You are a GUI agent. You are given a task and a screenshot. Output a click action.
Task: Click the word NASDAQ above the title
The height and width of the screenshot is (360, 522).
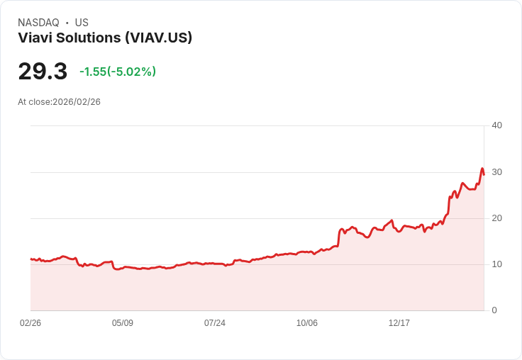pyautogui.click(x=38, y=23)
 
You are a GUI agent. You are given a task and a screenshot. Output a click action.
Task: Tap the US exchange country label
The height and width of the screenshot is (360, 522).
pyautogui.click(x=82, y=23)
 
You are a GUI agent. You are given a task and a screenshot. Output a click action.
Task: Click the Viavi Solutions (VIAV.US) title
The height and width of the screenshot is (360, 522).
pyautogui.click(x=105, y=38)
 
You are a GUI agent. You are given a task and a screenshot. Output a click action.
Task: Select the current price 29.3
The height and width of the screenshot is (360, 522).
pyautogui.click(x=43, y=71)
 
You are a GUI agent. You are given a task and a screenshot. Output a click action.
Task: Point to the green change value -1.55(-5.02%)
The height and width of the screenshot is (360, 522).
pyautogui.click(x=118, y=72)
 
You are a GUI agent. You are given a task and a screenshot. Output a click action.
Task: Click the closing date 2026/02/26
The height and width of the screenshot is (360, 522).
pyautogui.click(x=77, y=102)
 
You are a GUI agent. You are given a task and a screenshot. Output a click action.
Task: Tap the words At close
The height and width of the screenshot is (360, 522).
pyautogui.click(x=35, y=102)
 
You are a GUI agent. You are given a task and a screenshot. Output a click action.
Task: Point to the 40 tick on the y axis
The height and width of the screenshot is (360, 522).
pyautogui.click(x=496, y=125)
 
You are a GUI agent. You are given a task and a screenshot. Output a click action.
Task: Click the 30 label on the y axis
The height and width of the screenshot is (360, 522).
pyautogui.click(x=496, y=171)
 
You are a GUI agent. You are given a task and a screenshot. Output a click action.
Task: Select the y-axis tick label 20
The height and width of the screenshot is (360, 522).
pyautogui.click(x=496, y=218)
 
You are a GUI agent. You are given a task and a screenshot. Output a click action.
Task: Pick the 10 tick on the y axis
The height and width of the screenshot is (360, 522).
pyautogui.click(x=496, y=264)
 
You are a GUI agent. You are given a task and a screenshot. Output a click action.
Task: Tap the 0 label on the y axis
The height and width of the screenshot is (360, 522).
pyautogui.click(x=494, y=310)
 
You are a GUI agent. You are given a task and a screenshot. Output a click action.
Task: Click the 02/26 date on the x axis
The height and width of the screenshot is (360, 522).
pyautogui.click(x=30, y=322)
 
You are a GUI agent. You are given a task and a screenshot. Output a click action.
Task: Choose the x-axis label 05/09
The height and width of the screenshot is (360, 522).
pyautogui.click(x=123, y=322)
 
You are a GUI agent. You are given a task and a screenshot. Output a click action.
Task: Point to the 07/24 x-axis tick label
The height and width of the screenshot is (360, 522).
pyautogui.click(x=215, y=322)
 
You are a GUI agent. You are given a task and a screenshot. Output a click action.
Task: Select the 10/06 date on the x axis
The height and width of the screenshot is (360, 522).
pyautogui.click(x=307, y=322)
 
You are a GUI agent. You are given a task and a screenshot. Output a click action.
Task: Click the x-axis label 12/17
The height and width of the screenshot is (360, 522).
pyautogui.click(x=399, y=322)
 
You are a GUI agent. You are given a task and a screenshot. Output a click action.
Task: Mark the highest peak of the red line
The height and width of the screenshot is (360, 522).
pyautogui.click(x=482, y=169)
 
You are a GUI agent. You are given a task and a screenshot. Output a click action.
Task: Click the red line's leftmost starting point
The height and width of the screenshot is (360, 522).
pyautogui.click(x=30, y=259)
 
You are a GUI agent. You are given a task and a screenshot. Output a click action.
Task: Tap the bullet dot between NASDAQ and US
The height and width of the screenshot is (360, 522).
pyautogui.click(x=67, y=23)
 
